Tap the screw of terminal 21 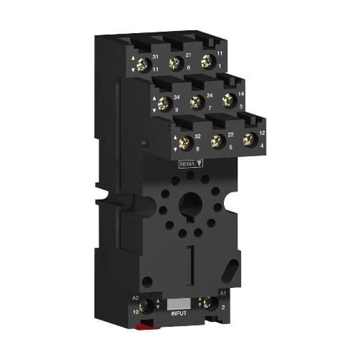click(174, 63)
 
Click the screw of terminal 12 click(250, 139)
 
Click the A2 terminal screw click(152, 304)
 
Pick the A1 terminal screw click(207, 303)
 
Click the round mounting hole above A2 click(147, 282)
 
